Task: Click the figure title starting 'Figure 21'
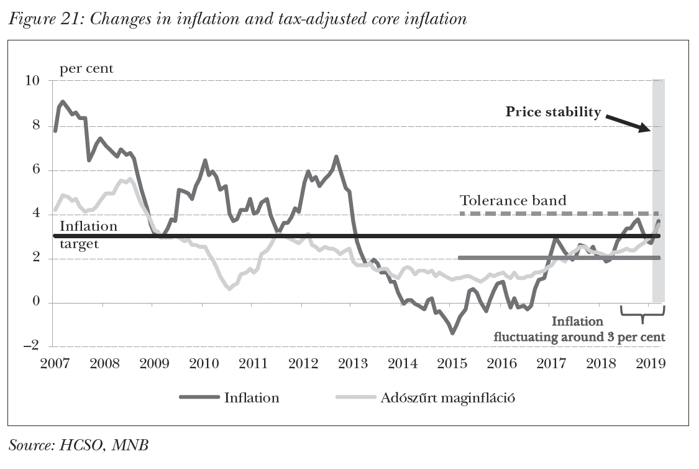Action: pyautogui.click(x=237, y=19)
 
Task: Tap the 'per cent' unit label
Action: pyautogui.click(x=86, y=68)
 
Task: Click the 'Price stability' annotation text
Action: pyautogui.click(x=553, y=112)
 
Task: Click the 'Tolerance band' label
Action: pyautogui.click(x=513, y=200)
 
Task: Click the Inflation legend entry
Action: pyautogui.click(x=230, y=397)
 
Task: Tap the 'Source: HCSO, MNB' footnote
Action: pyautogui.click(x=80, y=444)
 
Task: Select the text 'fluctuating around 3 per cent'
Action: pyautogui.click(x=579, y=337)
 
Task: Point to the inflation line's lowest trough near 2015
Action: pyautogui.click(x=452, y=333)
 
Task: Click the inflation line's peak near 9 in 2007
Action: pyautogui.click(x=63, y=101)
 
